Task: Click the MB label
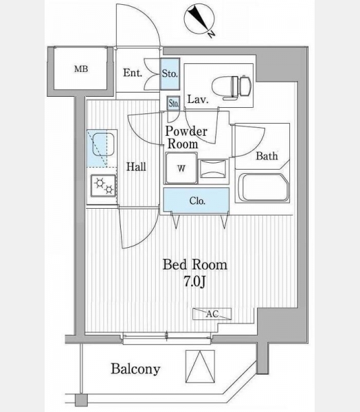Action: (x=81, y=69)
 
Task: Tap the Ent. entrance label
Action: (x=133, y=73)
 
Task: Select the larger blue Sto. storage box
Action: (x=170, y=74)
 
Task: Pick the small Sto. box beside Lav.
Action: (x=173, y=103)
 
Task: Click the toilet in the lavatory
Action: (x=231, y=87)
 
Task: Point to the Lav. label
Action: (x=198, y=100)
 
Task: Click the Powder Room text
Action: (x=186, y=137)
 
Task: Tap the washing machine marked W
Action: (x=181, y=168)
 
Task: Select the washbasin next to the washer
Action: (x=213, y=169)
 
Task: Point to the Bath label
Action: (x=267, y=156)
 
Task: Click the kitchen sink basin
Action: (x=103, y=144)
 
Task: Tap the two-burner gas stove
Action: (x=103, y=185)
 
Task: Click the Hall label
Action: (x=136, y=167)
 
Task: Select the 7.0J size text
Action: (x=194, y=282)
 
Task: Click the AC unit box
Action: (x=212, y=314)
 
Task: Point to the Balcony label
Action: (x=135, y=369)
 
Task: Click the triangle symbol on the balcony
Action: (x=200, y=367)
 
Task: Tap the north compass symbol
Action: (x=199, y=19)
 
